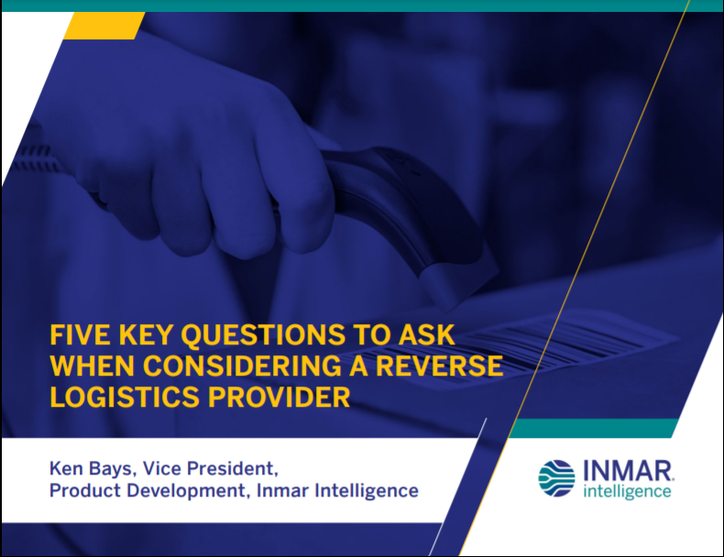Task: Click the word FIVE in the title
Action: (81, 334)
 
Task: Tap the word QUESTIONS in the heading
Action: (263, 335)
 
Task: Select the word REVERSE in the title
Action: (439, 366)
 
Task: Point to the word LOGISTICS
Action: (126, 397)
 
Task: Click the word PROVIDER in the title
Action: (280, 397)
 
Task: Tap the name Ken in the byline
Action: (66, 468)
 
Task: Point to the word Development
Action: (188, 491)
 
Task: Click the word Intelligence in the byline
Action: (367, 491)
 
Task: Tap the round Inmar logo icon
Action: (556, 478)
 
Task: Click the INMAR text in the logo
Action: (628, 471)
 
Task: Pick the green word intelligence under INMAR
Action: (627, 491)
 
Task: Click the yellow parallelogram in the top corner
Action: (104, 26)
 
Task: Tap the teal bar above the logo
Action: (593, 428)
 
